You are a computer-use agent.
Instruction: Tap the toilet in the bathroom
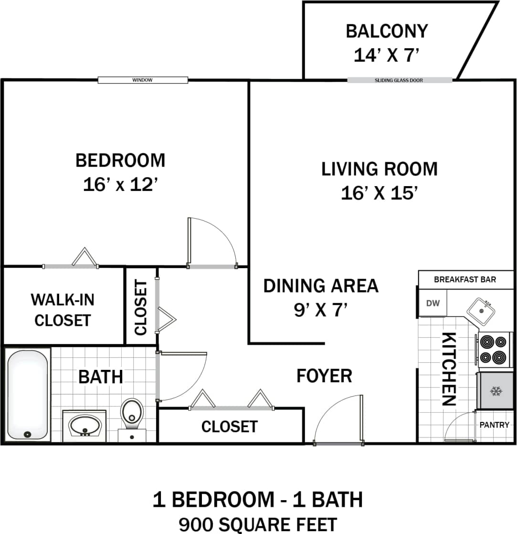click(x=132, y=414)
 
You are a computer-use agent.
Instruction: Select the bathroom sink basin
click(x=85, y=424)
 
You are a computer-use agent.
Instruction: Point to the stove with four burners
click(x=493, y=349)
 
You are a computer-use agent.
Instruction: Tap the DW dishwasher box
click(x=433, y=303)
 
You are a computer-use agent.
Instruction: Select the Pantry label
click(x=494, y=424)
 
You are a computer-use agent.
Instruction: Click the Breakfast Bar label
click(x=464, y=279)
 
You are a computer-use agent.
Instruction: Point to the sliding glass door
click(x=399, y=80)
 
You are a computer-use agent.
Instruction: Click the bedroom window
click(x=143, y=80)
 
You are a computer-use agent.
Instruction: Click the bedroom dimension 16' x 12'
click(x=120, y=184)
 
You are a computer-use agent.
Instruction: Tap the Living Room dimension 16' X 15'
click(x=380, y=193)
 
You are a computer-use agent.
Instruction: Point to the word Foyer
click(x=324, y=376)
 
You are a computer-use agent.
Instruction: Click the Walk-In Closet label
click(x=63, y=310)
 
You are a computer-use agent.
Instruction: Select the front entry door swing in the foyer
click(x=337, y=420)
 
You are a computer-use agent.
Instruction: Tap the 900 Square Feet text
click(x=258, y=524)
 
